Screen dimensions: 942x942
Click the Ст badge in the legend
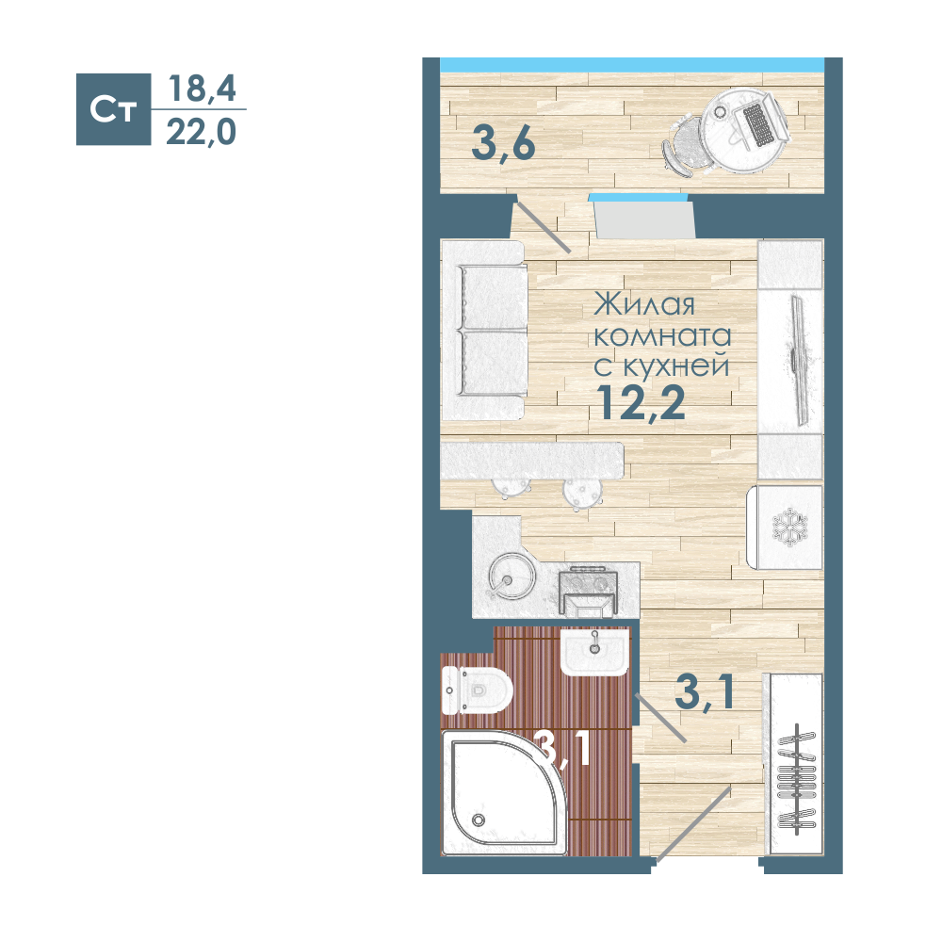(x=114, y=109)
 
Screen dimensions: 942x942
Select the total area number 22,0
(x=201, y=132)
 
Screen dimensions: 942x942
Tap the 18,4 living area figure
(x=202, y=89)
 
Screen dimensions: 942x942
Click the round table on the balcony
(x=744, y=130)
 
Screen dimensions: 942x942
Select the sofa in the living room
(x=484, y=331)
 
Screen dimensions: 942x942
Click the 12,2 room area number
(x=641, y=402)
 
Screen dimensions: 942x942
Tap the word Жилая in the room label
(x=644, y=304)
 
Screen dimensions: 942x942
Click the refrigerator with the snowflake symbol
(x=785, y=528)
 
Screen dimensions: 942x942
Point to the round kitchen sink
(x=512, y=577)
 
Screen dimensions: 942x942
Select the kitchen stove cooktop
(x=588, y=592)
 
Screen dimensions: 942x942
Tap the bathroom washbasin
(x=594, y=652)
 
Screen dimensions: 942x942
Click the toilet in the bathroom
(x=477, y=690)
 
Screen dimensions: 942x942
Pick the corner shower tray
(x=503, y=793)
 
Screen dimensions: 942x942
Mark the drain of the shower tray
(x=479, y=820)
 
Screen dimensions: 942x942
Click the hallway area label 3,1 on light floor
(x=705, y=692)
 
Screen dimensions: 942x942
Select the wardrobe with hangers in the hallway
(x=793, y=763)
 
